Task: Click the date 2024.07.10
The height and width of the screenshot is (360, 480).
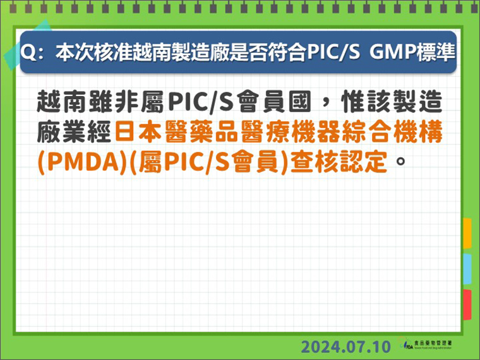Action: click(x=346, y=347)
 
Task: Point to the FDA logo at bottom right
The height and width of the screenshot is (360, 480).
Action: click(x=425, y=344)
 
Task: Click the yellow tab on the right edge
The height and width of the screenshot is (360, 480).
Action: click(x=467, y=233)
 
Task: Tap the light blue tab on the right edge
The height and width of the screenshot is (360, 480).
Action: click(x=467, y=269)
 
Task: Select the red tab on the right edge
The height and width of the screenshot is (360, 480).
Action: click(x=467, y=304)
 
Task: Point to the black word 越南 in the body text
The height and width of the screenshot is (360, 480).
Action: click(x=63, y=102)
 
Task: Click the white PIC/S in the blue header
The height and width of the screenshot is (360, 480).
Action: click(x=333, y=52)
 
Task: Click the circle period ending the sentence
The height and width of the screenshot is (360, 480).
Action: click(x=400, y=160)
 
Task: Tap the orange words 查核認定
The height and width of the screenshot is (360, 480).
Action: click(x=339, y=162)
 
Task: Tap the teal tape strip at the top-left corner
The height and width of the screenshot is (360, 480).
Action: click(x=27, y=44)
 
